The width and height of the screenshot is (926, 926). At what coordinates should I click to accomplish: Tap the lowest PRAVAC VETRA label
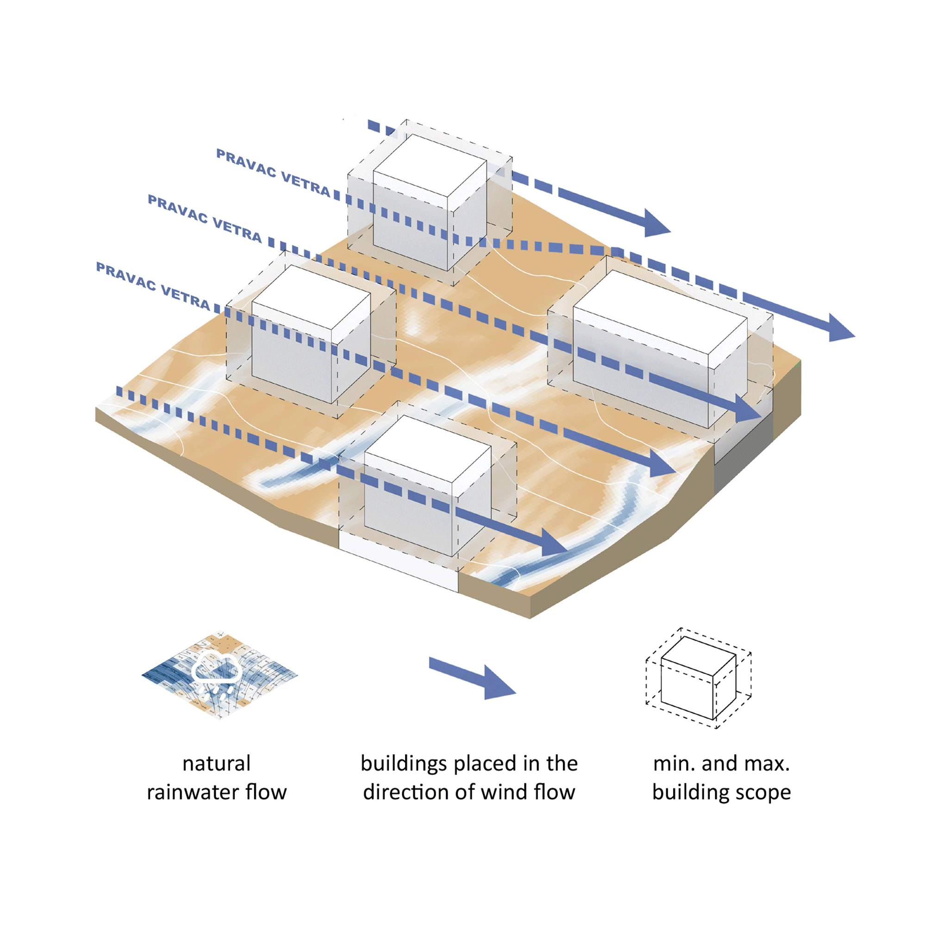[x=153, y=286]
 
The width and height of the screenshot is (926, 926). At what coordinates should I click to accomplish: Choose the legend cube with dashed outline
[x=698, y=678]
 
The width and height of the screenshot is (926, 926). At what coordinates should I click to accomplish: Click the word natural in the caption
[x=216, y=763]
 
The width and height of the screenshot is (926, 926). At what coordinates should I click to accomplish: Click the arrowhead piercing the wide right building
[x=746, y=410]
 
